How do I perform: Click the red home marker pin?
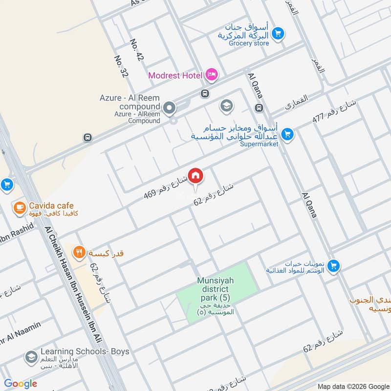click(195, 175)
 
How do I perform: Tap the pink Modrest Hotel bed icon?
click(212, 75)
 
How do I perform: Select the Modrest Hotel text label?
click(175, 75)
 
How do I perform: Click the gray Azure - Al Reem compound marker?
click(170, 108)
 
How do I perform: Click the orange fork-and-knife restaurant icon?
click(78, 253)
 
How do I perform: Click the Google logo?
click(21, 384)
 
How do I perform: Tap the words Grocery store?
click(251, 43)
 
